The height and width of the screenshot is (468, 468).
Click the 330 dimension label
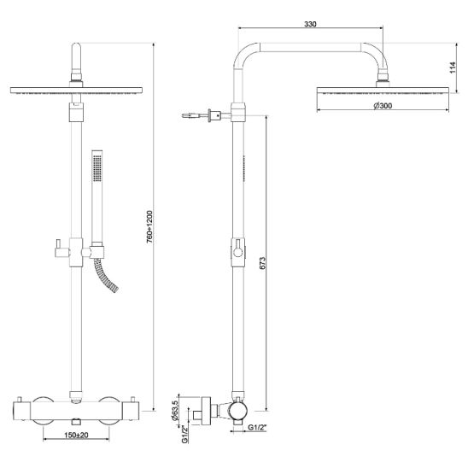tap(310, 24)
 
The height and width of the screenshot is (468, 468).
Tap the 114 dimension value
tap(453, 67)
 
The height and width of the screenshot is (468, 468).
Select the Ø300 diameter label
tap(383, 106)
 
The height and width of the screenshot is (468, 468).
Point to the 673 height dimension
tap(262, 263)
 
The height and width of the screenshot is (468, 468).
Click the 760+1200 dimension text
tap(149, 227)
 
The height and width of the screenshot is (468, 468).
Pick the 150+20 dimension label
tap(76, 435)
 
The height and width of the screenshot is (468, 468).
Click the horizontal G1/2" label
tap(257, 427)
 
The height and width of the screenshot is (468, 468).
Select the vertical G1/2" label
tap(184, 435)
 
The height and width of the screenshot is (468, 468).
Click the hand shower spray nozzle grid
tap(97, 167)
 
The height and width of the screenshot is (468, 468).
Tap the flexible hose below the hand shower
tap(106, 275)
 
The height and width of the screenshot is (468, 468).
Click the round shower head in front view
tap(76, 91)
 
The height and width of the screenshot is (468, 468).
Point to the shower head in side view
tap(383, 91)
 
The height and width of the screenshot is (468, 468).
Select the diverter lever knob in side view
tap(238, 253)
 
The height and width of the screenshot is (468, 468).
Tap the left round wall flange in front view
tap(44, 411)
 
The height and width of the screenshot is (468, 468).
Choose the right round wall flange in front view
tap(109, 411)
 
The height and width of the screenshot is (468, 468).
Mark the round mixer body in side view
tap(238, 411)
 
